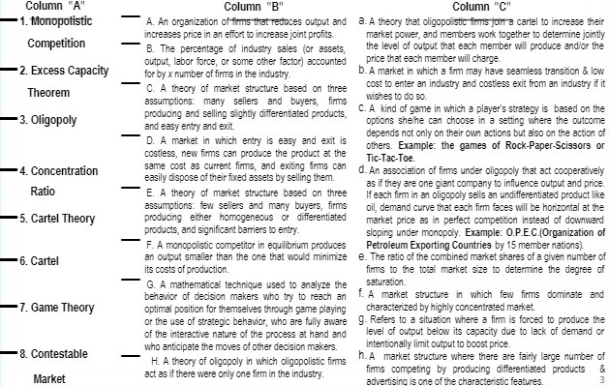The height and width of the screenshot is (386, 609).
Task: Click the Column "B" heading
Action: [253, 7]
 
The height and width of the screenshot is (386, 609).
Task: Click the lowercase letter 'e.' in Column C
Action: [360, 255]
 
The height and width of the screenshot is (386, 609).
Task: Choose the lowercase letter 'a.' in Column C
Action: [360, 19]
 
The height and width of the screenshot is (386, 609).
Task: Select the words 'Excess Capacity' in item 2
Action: [72, 71]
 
